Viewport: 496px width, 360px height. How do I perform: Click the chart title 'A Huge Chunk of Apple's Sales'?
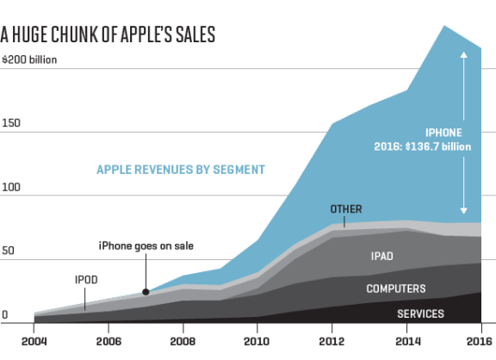tap(108, 34)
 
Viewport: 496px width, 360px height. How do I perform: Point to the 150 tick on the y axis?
tap(11, 123)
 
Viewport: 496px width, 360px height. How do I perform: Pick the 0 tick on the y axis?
tap(4, 315)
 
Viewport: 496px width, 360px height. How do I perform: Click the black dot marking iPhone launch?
tap(146, 292)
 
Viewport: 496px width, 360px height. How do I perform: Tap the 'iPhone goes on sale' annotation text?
tap(146, 245)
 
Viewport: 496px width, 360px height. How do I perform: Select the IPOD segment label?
tap(86, 280)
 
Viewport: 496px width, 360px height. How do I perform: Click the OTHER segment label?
tap(346, 209)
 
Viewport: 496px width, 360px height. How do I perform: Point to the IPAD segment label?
tap(383, 256)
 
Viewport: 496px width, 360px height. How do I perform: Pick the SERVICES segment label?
tap(420, 313)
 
